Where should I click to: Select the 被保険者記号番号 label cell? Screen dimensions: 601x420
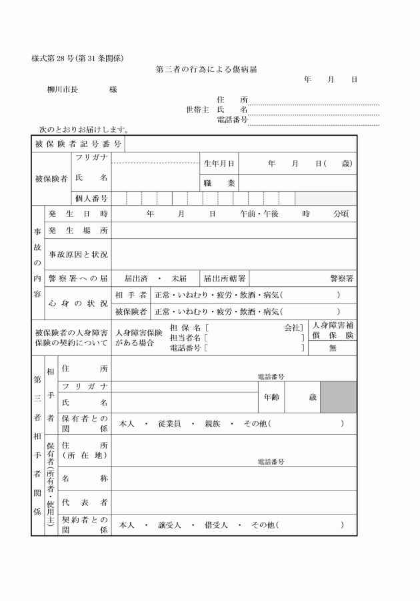(77, 144)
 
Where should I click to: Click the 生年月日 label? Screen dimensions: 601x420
(219, 163)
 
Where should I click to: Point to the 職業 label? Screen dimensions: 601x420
(219, 182)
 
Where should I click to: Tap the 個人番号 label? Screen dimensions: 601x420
(91, 198)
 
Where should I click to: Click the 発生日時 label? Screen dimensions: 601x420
(77, 214)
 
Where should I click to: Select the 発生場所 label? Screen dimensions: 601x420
(77, 231)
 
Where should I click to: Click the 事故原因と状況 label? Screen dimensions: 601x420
(77, 254)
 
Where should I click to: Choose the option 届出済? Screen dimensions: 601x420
(136, 278)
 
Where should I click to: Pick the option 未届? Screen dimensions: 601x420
(179, 278)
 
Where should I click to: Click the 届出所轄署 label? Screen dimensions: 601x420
(225, 278)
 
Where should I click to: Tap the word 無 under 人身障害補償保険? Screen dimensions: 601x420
(333, 347)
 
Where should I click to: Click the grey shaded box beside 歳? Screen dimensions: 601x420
(338, 397)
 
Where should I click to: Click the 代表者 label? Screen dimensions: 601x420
(85, 502)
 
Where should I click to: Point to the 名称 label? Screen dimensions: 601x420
(85, 479)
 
